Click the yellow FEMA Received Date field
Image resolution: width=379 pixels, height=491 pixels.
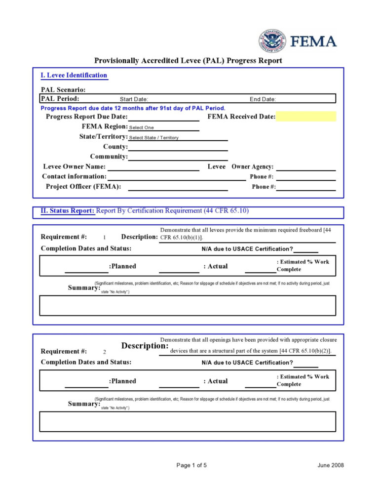tap(306, 117)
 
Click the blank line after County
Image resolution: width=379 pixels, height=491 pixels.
tap(178, 147)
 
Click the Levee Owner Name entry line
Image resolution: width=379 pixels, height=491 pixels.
tap(153, 167)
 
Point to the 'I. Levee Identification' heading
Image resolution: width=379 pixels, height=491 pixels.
tap(74, 76)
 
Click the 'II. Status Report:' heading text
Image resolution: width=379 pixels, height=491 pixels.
tap(67, 211)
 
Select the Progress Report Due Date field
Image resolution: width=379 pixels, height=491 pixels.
tap(163, 117)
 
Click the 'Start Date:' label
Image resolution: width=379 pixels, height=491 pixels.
tap(134, 99)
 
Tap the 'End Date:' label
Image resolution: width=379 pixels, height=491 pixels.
tap(263, 99)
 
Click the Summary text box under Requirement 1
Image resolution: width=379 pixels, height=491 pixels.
tap(188, 305)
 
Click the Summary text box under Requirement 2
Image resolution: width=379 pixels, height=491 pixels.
tap(188, 421)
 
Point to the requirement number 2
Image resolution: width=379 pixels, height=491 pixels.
tap(105, 352)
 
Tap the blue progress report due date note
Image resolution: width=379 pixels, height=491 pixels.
tap(133, 108)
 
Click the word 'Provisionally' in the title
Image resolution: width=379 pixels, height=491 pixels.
tap(117, 61)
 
